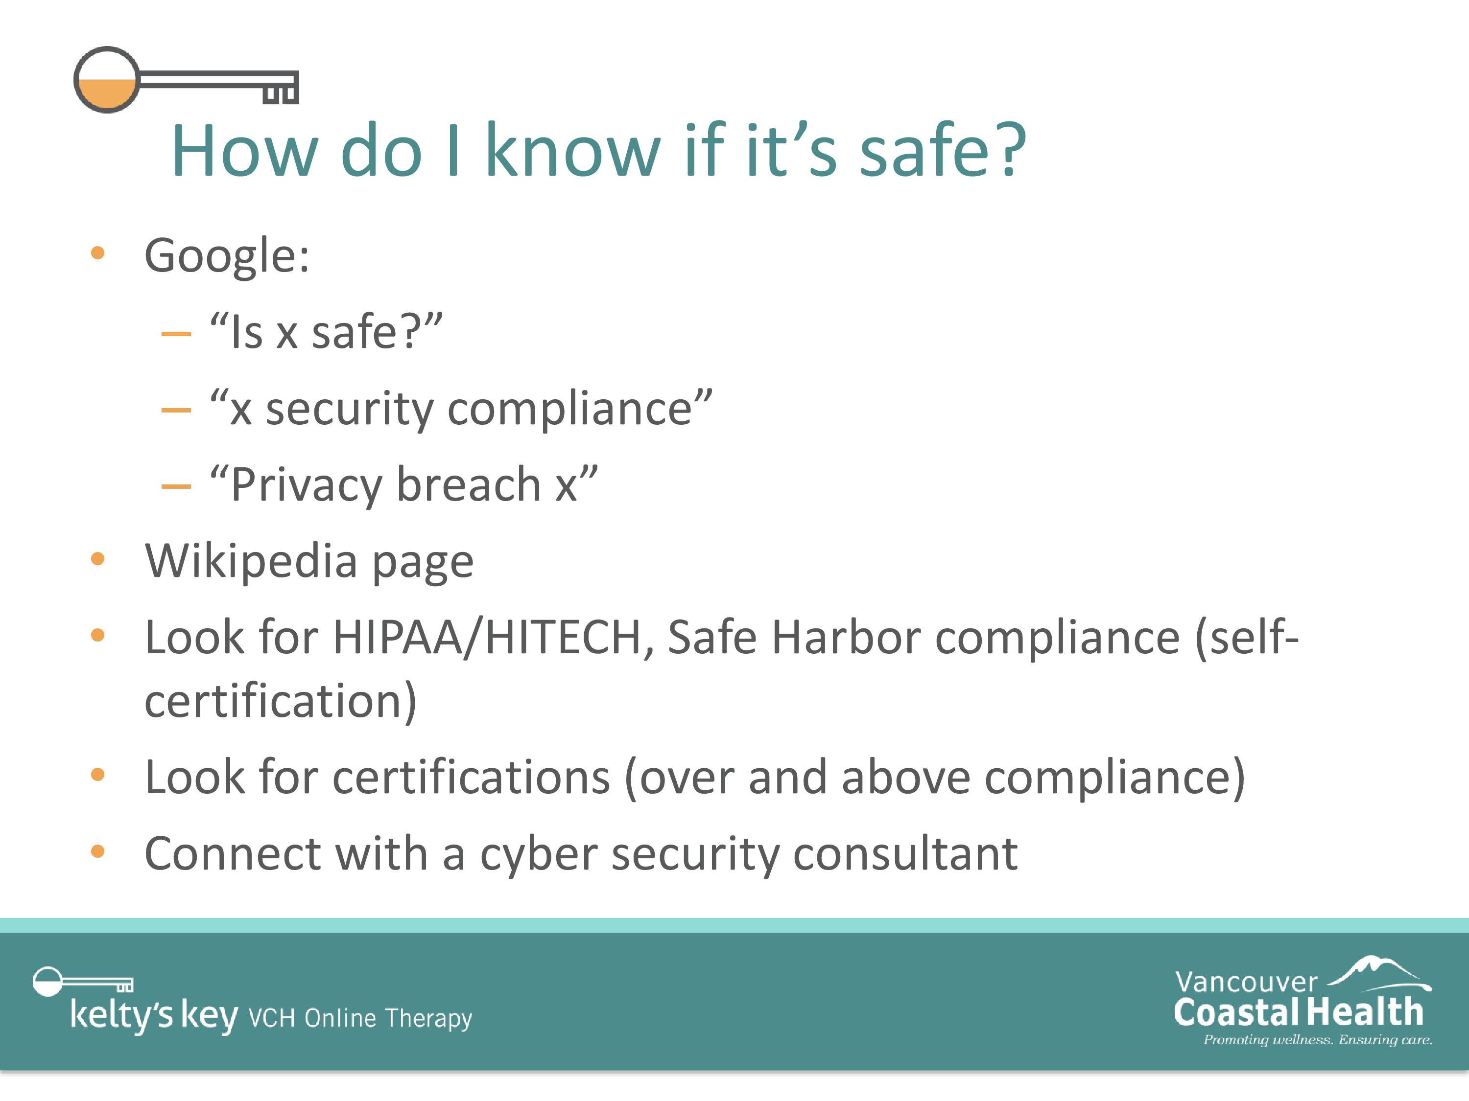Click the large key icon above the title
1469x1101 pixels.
pyautogui.click(x=186, y=80)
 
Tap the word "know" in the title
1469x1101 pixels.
pyautogui.click(x=573, y=151)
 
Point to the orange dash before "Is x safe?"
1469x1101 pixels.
pyautogui.click(x=176, y=333)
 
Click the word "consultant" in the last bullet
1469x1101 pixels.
pyautogui.click(x=905, y=854)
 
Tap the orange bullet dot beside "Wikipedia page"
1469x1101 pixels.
pyautogui.click(x=97, y=559)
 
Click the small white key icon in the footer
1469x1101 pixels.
pyautogui.click(x=83, y=982)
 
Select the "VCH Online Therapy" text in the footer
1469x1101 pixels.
pyautogui.click(x=360, y=1018)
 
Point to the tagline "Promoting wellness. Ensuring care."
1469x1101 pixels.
pyautogui.click(x=1318, y=1040)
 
